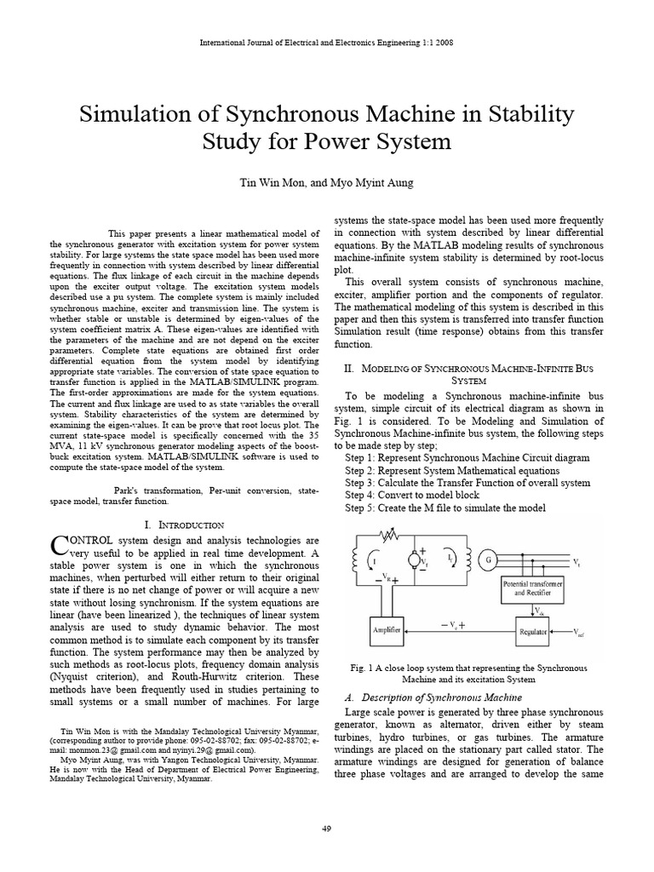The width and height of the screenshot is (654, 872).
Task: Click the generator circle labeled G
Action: (488, 559)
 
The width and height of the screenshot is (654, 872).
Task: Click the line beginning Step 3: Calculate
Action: (467, 483)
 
